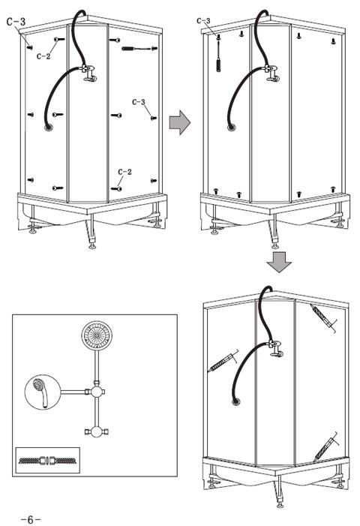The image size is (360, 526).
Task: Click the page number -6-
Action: pyautogui.click(x=31, y=520)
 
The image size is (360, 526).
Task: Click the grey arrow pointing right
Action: pyautogui.click(x=180, y=122)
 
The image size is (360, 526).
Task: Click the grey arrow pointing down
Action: pyautogui.click(x=279, y=262)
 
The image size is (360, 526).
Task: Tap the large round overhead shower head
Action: pyautogui.click(x=97, y=336)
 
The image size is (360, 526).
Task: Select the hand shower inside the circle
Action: pyautogui.click(x=41, y=392)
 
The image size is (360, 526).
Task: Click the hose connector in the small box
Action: pyautogui.click(x=47, y=460)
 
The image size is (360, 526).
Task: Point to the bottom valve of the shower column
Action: pyautogui.click(x=97, y=431)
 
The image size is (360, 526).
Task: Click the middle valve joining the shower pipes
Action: pyautogui.click(x=97, y=392)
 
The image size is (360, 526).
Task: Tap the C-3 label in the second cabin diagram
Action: pyautogui.click(x=203, y=21)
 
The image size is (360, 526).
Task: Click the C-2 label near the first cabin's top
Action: pyautogui.click(x=43, y=56)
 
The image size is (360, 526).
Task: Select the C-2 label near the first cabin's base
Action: pyautogui.click(x=124, y=172)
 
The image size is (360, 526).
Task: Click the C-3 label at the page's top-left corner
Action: pyautogui.click(x=16, y=22)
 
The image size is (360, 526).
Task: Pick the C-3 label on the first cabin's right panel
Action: pyautogui.click(x=139, y=102)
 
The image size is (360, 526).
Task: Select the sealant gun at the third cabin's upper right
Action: pyautogui.click(x=322, y=317)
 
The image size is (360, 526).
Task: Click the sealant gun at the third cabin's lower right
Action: pyautogui.click(x=325, y=446)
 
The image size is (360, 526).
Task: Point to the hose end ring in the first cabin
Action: pyautogui.click(x=49, y=128)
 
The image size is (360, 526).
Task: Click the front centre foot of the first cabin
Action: pyautogui.click(x=91, y=247)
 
